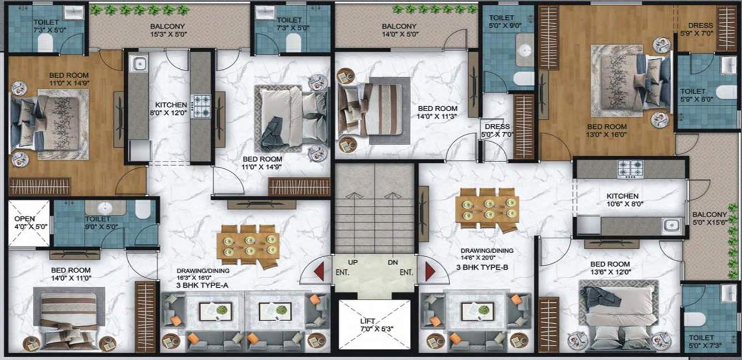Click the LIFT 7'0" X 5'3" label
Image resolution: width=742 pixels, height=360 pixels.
[x=374, y=324]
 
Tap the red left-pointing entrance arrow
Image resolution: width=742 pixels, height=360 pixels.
[x=319, y=272]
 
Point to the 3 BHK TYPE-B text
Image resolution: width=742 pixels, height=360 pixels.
[x=482, y=267]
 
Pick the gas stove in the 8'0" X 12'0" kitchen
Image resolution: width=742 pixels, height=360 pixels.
[x=200, y=106]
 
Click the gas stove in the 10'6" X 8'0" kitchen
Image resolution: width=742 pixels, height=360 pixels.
[x=630, y=168]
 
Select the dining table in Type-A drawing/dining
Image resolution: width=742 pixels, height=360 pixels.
[x=248, y=244]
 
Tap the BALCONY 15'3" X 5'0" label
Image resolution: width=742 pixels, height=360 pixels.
[x=167, y=30]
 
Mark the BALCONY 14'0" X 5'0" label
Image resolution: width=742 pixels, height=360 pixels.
[x=399, y=30]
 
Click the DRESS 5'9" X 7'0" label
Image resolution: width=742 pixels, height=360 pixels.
[x=700, y=29]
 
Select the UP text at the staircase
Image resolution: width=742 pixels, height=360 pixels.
[x=353, y=262]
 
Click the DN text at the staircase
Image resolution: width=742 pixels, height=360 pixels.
[x=394, y=262]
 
